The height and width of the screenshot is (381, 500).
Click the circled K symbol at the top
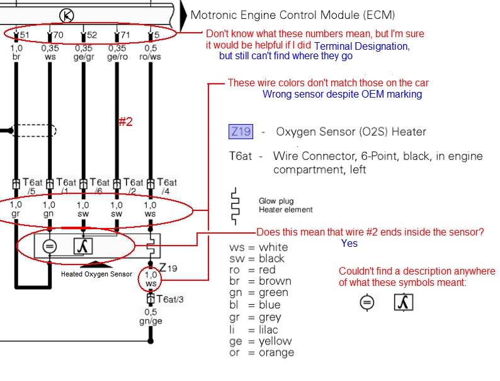coord(66,14)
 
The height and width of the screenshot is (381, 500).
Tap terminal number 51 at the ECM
coord(23,35)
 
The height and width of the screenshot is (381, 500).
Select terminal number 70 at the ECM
coord(57,35)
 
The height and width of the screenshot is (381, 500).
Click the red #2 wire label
coord(125,122)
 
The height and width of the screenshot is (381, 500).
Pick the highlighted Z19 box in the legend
coord(241,132)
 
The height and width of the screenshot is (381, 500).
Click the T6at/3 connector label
coord(171,299)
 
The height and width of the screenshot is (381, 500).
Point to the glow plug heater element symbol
coord(236,205)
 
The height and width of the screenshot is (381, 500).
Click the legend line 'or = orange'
coord(262,353)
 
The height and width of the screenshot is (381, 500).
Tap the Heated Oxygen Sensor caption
coord(96,275)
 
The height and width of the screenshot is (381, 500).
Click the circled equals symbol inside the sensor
coord(49,246)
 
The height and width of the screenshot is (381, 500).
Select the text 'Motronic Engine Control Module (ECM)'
coord(293,14)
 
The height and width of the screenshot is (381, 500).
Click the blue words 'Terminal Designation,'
coord(361,46)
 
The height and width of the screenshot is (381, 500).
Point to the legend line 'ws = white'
coord(259,247)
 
